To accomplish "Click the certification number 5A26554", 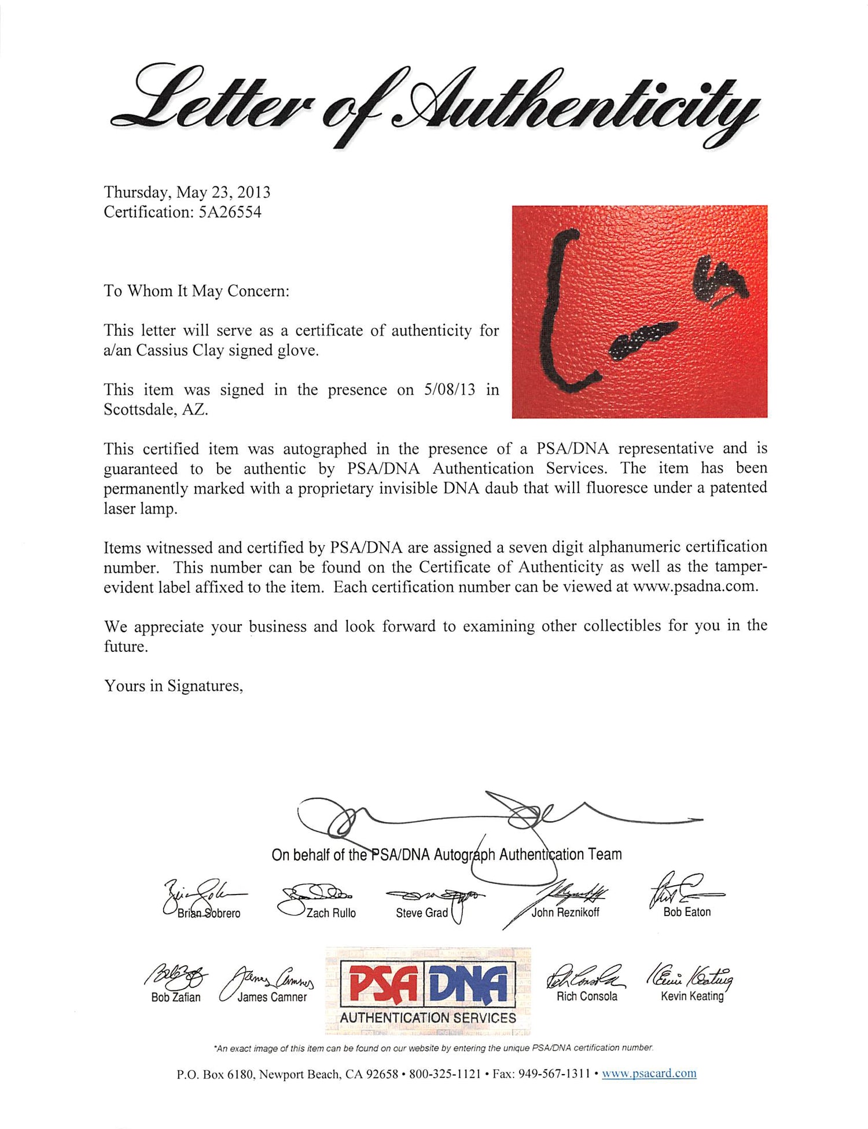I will [230, 212].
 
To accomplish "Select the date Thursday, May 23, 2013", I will [187, 192].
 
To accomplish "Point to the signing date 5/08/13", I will [450, 390].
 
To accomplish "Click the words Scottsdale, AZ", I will [155, 410].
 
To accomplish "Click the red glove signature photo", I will [639, 311].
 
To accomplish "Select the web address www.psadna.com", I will [694, 586].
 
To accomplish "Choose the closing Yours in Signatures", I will [174, 686].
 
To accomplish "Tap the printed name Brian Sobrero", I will [208, 913].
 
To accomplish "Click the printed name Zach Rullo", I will [331, 913].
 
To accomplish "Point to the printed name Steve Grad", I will [422, 913].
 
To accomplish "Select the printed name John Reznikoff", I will [565, 912].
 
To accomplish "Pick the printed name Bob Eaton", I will [687, 912].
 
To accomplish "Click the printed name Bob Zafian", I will [176, 997].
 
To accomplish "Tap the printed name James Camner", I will [272, 997].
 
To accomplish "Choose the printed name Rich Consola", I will [587, 996].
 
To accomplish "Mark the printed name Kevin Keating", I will [692, 996].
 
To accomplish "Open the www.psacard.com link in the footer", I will [649, 1073].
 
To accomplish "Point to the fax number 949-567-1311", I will [554, 1074].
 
